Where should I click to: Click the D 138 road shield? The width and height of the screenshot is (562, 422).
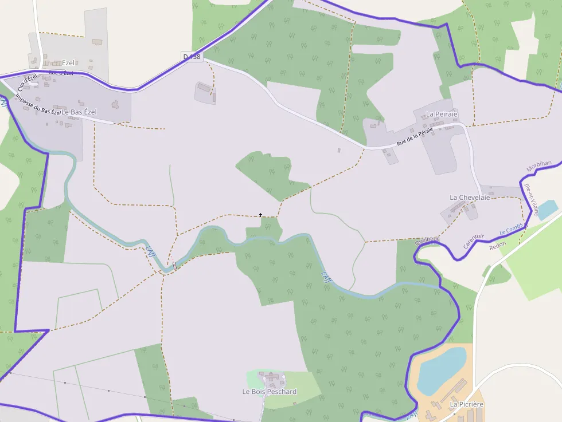(192, 56)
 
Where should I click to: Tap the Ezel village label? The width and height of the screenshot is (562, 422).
(68, 63)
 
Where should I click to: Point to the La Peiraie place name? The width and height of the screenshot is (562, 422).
(442, 114)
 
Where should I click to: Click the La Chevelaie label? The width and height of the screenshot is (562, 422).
(470, 198)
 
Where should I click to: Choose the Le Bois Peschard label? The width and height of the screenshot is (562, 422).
(270, 392)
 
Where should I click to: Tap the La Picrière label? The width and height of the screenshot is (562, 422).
(467, 404)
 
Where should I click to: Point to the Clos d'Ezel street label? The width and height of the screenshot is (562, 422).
(28, 81)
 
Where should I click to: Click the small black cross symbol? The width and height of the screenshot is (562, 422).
(261, 215)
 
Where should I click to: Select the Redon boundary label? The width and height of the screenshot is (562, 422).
(498, 246)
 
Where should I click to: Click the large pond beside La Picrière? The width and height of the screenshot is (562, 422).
(440, 369)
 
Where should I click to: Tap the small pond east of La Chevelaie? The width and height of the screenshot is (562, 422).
(547, 209)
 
